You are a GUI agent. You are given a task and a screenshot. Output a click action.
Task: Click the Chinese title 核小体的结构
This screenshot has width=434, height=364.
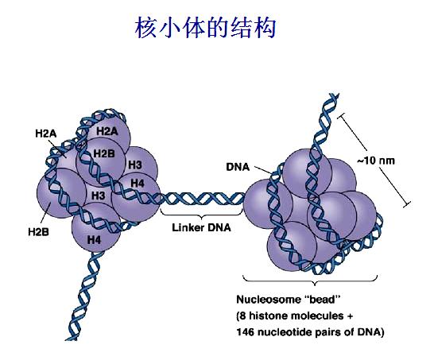click(206, 29)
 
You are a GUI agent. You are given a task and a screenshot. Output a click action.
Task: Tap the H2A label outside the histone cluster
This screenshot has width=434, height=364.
click(45, 134)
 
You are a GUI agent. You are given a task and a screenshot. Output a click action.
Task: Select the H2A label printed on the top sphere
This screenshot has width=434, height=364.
click(107, 130)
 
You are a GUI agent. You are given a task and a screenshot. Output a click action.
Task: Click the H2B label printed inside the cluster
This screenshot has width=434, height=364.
click(104, 153)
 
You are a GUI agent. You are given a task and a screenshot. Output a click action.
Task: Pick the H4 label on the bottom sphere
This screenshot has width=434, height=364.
click(94, 238)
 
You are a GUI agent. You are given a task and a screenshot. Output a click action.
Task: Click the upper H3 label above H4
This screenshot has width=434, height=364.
click(134, 165)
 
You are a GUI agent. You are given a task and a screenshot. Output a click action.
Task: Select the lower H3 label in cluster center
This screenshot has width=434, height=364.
click(98, 195)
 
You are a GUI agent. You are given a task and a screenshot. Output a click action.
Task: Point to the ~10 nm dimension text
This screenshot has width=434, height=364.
click(374, 160)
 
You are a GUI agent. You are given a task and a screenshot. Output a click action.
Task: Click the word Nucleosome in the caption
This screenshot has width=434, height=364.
click(268, 300)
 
